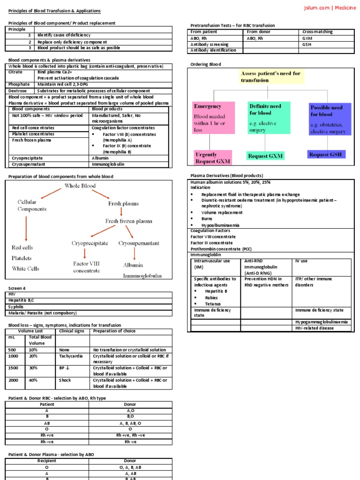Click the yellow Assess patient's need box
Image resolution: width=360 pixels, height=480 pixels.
tap(270, 77)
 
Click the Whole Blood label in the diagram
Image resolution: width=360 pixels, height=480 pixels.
tap(80, 186)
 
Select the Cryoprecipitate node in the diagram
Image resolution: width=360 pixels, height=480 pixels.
tap(90, 243)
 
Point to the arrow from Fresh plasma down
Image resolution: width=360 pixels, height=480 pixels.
tap(121, 211)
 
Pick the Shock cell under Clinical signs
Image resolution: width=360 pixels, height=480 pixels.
tap(65, 380)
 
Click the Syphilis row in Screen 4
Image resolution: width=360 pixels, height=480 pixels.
tap(18, 307)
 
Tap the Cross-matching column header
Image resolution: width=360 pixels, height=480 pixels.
tap(317, 32)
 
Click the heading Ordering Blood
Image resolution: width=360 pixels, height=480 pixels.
tap(205, 64)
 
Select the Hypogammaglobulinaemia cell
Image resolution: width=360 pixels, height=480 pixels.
tap(321, 322)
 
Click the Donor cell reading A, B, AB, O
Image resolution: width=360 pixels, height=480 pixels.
tap(130, 423)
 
